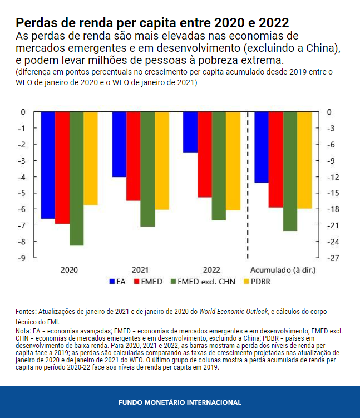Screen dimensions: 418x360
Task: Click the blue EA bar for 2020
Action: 48,165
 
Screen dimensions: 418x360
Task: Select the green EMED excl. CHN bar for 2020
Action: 76,178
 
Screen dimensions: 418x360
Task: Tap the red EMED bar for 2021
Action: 133,156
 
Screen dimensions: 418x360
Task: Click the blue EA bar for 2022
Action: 190,132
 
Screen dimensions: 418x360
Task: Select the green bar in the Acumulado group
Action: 290,171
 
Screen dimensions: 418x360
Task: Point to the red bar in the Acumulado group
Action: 275,159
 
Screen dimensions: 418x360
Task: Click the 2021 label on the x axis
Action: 140,269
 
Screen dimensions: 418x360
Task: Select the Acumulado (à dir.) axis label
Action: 283,269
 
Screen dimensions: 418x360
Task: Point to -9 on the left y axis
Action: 22,258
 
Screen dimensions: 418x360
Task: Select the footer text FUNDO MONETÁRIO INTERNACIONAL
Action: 180,402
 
